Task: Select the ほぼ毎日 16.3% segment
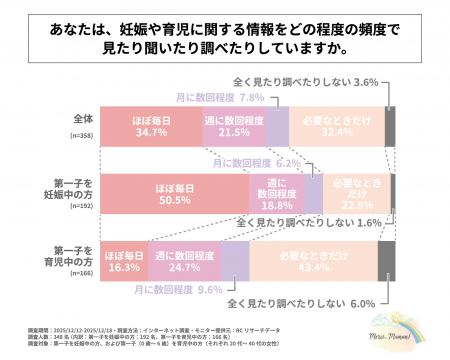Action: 125,263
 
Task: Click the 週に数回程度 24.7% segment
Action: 185,263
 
